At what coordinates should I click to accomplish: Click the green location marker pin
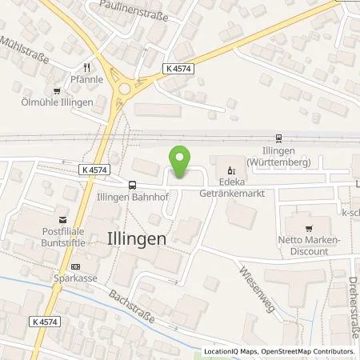(180, 162)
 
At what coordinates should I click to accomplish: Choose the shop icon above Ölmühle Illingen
(57, 90)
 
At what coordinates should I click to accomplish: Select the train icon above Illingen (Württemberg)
(278, 136)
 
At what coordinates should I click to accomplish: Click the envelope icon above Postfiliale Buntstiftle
(60, 217)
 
